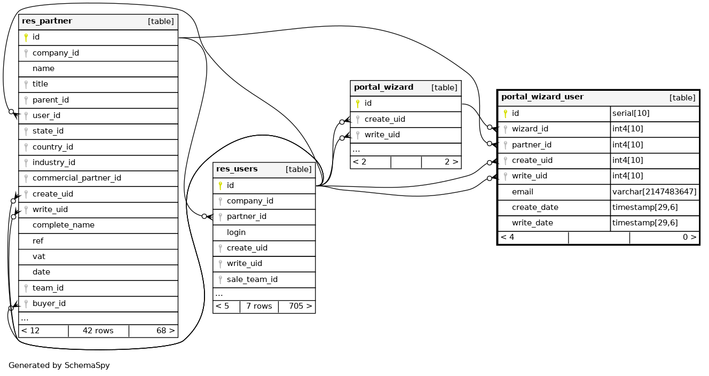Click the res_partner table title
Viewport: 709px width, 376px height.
47,21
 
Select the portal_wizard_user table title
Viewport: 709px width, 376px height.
542,97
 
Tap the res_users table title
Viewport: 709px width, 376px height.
236,169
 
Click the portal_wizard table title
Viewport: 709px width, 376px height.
383,88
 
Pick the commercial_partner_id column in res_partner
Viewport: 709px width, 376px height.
76,178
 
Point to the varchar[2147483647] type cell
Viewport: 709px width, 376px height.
654,192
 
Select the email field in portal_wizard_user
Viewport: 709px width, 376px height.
522,192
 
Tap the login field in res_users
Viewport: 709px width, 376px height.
236,232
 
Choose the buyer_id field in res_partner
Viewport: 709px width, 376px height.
49,303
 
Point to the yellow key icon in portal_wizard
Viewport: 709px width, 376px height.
358,104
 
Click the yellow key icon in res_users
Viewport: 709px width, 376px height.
220,185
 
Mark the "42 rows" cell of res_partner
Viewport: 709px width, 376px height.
98,331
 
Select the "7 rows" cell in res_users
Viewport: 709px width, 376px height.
259,306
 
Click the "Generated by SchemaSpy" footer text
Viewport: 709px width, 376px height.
59,366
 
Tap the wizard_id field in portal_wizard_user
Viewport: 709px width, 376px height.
530,129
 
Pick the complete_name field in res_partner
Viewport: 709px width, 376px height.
63,225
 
